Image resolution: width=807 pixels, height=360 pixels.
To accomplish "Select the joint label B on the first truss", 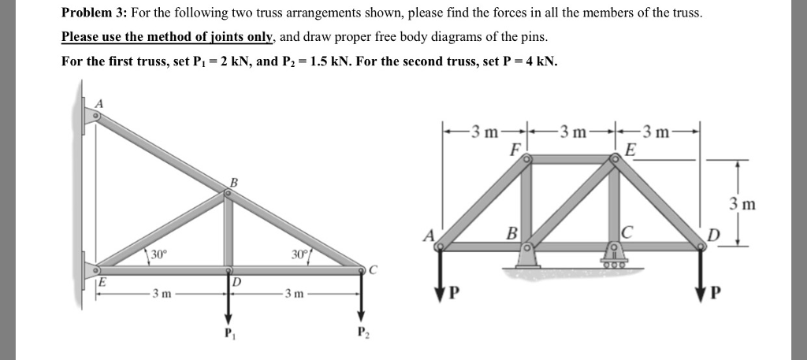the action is pos(232,183).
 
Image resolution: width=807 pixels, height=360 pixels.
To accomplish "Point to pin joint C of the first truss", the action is pos(362,269).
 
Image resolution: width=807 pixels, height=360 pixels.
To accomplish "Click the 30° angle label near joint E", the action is pos(159,254).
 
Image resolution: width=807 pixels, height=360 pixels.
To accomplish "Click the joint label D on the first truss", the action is pos(235,281).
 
